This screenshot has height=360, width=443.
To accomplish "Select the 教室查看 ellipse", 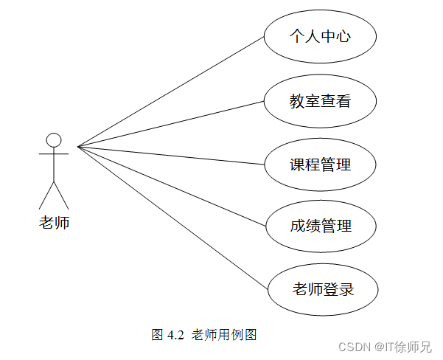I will [320, 100].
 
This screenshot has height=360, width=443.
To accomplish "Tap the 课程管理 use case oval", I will [320, 164].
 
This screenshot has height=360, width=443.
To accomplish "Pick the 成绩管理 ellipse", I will [320, 226].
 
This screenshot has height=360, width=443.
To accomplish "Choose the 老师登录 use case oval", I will [323, 288].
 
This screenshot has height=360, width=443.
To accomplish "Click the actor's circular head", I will [54, 139].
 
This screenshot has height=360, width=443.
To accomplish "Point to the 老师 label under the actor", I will [54, 221].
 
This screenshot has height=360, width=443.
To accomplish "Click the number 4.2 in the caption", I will [175, 334].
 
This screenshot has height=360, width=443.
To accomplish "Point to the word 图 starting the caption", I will [157, 334].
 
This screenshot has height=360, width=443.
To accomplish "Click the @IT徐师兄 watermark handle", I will [405, 346].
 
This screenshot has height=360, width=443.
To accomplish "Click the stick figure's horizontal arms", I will [54, 154].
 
